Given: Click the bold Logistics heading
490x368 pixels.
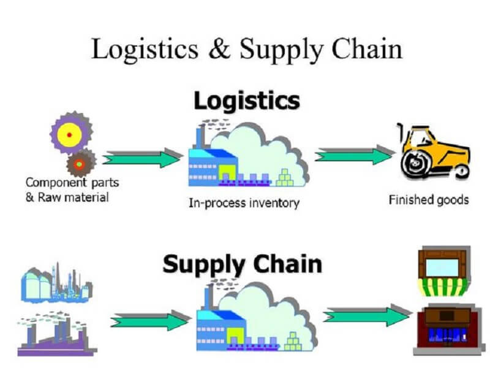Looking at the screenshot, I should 247,101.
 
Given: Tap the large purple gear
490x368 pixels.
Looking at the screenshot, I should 70,133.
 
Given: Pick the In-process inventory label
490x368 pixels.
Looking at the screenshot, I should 243,202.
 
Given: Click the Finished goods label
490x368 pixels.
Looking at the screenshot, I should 429,199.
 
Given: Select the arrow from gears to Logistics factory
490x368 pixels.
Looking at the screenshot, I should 141,158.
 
